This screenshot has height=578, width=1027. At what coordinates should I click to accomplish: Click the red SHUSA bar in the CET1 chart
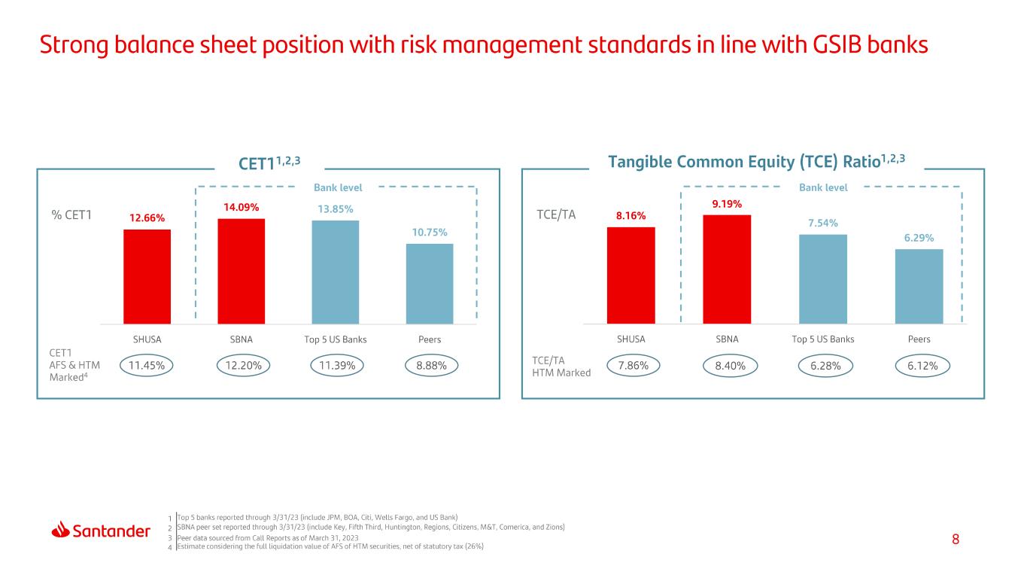pos(147,277)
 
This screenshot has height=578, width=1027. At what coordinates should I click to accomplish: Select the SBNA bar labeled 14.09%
pos(242,271)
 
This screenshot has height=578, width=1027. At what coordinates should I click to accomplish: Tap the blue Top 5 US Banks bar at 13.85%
pos(335,272)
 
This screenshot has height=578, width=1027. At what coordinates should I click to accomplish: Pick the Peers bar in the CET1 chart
pos(430,284)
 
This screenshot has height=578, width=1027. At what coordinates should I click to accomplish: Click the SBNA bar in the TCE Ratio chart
pos(727,269)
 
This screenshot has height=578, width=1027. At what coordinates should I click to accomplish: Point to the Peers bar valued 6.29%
pos(919,286)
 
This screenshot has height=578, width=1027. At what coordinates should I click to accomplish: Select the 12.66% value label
pos(147,218)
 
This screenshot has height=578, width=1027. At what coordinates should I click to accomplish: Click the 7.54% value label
pos(822,223)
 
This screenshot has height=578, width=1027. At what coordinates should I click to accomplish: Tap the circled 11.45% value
pos(146,366)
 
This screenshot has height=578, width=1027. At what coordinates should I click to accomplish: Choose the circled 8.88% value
pos(431,366)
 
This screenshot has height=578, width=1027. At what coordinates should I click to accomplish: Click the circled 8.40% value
pos(730,366)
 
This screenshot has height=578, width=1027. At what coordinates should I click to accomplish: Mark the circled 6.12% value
pos(922,366)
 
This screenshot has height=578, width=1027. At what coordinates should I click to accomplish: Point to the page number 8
pos(956,540)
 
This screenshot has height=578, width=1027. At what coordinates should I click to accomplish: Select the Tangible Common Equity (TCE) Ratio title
pos(756,162)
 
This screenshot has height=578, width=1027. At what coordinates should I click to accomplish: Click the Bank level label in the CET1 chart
pos(338,187)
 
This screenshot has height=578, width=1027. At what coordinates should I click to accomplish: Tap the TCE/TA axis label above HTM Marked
pos(548,360)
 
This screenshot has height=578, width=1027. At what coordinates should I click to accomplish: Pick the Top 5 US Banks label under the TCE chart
pos(823,339)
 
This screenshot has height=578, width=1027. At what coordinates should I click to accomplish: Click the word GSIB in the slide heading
pos(838,45)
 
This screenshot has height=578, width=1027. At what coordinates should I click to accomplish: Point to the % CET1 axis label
pos(71,214)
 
